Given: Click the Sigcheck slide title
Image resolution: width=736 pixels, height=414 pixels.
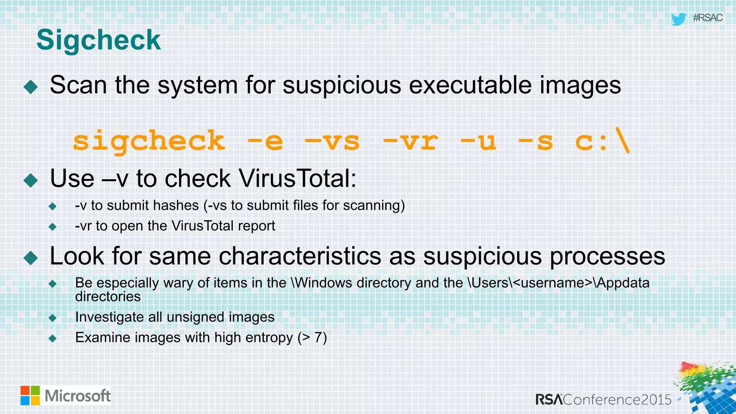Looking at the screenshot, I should tap(98, 40).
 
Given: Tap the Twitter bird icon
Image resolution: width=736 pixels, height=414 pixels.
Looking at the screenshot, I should tap(678, 19).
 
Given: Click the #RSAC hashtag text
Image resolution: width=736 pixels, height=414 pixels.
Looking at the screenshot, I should tap(708, 18).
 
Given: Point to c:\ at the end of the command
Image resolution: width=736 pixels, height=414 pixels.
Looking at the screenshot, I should tap(602, 141).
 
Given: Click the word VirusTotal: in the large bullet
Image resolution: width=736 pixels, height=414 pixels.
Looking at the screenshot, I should tap(298, 178).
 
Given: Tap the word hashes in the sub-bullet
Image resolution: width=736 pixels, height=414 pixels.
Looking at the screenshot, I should tap(176, 206).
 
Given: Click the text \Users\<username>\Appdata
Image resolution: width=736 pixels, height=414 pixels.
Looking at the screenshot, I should tap(558, 283).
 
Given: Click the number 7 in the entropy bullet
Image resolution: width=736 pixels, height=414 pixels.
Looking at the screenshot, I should tap(318, 338).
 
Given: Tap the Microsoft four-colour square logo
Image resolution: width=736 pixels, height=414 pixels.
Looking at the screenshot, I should tap(30, 396).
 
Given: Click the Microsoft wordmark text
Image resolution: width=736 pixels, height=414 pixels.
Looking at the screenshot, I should tap(78, 396).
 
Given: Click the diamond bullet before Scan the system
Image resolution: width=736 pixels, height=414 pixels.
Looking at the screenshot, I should tap(31, 87).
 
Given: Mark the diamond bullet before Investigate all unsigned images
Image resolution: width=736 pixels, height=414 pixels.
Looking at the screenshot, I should tap(53, 318).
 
